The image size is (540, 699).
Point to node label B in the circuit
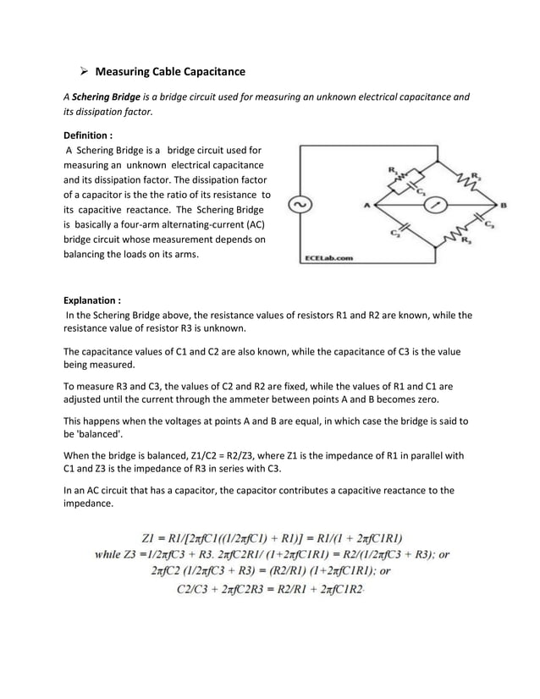504,205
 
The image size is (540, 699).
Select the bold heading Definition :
89,135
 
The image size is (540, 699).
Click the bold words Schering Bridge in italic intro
106,96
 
